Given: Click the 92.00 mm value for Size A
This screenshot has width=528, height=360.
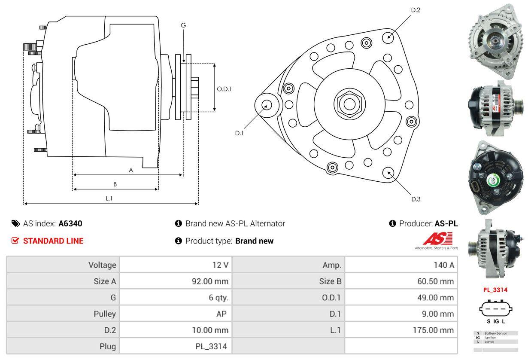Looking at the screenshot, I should point(210,281).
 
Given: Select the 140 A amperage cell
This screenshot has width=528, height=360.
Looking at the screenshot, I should point(443,265).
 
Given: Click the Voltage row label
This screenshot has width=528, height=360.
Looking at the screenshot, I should point(102,265).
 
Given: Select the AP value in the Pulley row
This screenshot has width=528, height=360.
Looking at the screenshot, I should point(221,314).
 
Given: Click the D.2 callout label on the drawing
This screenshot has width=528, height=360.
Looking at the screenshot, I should point(416,10).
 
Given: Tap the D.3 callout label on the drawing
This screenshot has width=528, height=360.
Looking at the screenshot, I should point(416,199).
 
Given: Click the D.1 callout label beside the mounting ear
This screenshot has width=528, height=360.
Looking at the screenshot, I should point(239,133).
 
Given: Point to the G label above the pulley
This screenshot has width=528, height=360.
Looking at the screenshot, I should point(183,25).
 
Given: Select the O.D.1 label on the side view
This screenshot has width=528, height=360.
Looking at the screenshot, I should point(224,89).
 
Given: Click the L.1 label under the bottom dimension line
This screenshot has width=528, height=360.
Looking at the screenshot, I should point(109,198).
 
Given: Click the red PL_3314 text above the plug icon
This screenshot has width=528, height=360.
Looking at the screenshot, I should point(495,290).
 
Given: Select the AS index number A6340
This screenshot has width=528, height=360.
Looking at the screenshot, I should point(70,223).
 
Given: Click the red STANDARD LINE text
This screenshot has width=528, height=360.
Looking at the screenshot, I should point(53,241).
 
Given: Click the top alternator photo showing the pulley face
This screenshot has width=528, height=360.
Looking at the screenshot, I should point(495,41).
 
